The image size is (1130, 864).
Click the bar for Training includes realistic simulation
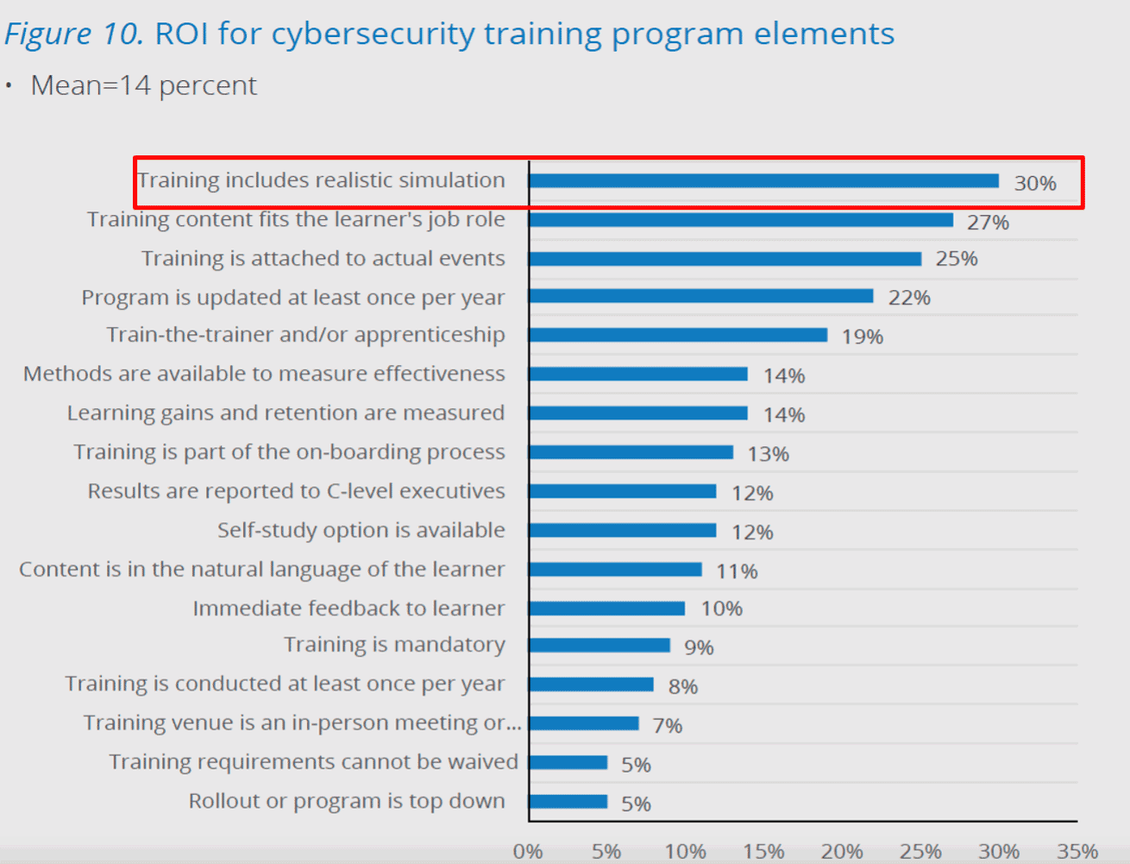click(763, 181)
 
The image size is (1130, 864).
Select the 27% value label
click(988, 223)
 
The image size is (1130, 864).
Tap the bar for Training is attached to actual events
click(725, 259)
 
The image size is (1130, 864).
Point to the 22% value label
click(909, 298)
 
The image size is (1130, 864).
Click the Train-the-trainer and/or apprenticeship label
click(305, 335)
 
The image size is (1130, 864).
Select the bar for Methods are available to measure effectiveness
click(638, 374)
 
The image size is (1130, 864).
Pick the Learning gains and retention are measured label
click(286, 413)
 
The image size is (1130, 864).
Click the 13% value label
click(768, 454)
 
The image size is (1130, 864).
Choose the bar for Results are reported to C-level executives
click(622, 491)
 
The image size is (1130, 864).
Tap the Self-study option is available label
click(361, 530)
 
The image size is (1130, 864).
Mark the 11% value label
click(737, 571)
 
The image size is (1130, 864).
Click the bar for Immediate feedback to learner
click(606, 609)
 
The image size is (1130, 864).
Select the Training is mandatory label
click(394, 645)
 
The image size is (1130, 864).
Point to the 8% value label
click(682, 687)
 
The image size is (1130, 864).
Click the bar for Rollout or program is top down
click(568, 802)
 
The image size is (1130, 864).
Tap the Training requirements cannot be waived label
click(313, 762)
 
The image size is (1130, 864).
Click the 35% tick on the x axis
click(1077, 852)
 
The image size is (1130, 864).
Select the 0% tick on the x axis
click(528, 852)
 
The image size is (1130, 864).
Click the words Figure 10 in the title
click(74, 34)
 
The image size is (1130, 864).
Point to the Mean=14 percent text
click(143, 85)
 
